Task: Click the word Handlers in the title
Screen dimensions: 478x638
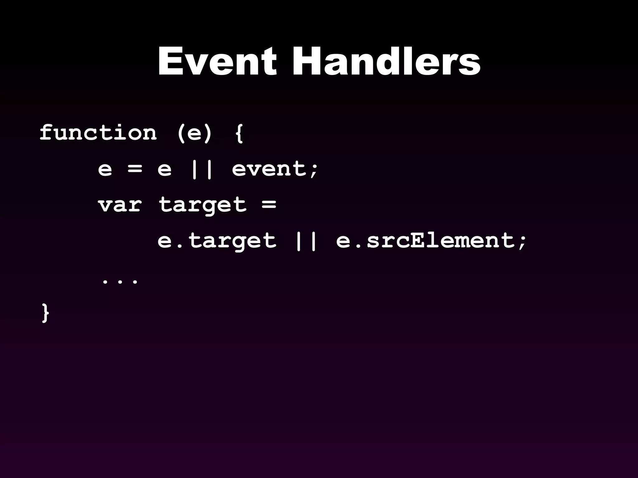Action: tap(386, 61)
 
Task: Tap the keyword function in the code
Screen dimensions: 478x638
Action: tap(98, 133)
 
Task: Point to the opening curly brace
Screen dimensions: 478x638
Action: tap(239, 134)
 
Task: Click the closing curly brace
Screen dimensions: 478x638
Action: tap(45, 313)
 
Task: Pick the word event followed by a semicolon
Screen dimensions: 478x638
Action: tap(269, 169)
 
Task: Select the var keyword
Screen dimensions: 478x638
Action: tap(120, 205)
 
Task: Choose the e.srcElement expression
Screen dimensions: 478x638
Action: tap(425, 241)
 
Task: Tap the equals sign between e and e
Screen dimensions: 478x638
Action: tap(135, 169)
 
